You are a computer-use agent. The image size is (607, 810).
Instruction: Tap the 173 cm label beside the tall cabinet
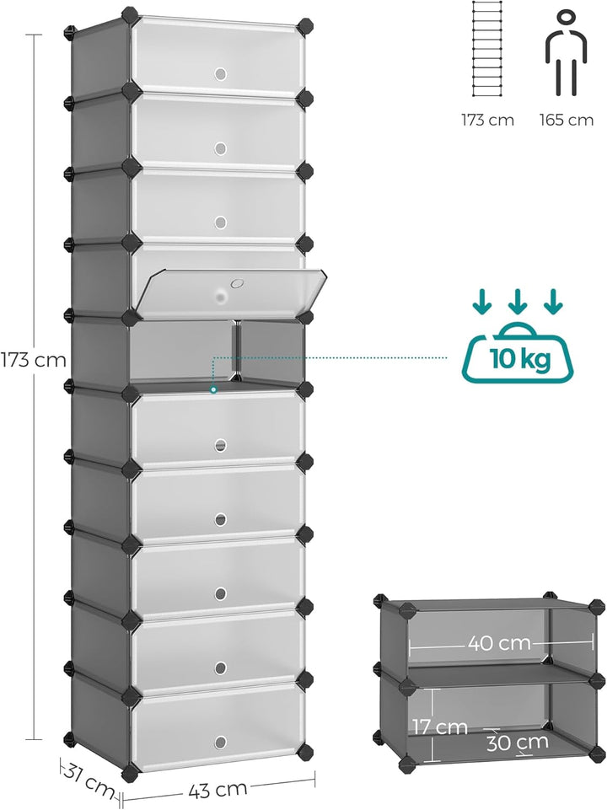(x=33, y=360)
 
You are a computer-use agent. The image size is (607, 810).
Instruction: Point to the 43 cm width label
(x=218, y=790)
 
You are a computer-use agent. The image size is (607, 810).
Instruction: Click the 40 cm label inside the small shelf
(x=500, y=643)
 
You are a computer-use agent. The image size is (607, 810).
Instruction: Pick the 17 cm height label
(x=439, y=727)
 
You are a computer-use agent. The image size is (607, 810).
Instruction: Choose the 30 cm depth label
(x=517, y=742)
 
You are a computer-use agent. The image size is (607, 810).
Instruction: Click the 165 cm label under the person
(x=567, y=121)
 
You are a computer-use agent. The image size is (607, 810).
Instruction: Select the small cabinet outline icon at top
(x=487, y=49)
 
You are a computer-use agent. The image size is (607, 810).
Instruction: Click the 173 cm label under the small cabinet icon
(x=487, y=121)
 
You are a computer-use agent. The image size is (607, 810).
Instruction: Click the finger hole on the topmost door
(x=221, y=74)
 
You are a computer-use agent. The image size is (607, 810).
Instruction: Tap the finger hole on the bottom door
(x=221, y=743)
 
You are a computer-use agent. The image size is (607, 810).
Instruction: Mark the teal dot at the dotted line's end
(x=213, y=390)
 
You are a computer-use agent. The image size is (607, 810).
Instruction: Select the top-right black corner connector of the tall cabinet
(x=305, y=26)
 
